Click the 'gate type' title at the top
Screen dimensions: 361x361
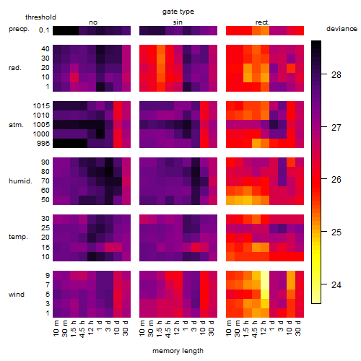(178, 12)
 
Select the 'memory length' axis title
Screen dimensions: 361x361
(178, 351)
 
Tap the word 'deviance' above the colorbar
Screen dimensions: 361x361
(342, 29)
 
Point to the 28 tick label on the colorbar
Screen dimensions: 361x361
(336, 75)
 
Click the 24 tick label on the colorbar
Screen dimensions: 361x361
(336, 285)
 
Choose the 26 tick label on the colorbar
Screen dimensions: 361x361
(336, 180)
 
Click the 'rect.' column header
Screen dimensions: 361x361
(262, 22)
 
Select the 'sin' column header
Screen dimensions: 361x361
(178, 22)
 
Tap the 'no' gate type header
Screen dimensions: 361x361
(93, 22)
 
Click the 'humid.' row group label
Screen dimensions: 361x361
(20, 181)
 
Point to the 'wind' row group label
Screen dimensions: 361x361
(17, 295)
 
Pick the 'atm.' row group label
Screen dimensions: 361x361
(16, 125)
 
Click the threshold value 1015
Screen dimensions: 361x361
(41, 106)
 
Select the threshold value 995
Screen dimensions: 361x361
(43, 144)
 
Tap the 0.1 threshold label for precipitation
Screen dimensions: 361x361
(44, 30)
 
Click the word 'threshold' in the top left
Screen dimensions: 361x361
(40, 17)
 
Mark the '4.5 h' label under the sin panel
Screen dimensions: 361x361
(168, 329)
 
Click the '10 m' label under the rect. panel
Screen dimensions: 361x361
(229, 329)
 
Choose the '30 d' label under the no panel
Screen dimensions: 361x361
(126, 329)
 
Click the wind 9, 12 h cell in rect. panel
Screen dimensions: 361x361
(265, 276)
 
